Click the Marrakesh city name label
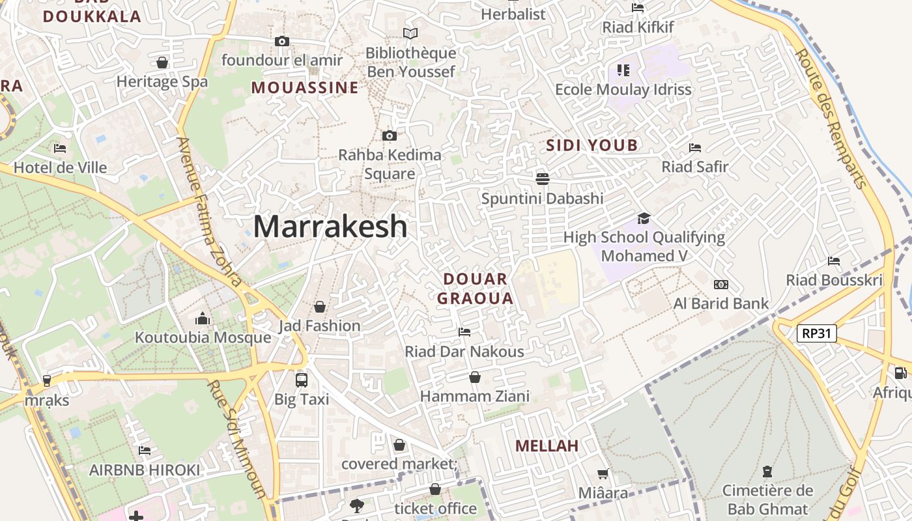330,227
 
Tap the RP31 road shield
816,333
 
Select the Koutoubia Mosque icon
203,319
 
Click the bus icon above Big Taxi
301,380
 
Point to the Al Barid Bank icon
720,285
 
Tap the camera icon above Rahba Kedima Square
390,135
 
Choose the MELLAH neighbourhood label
547,446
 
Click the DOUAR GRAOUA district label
475,289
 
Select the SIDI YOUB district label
591,145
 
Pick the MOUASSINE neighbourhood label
305,87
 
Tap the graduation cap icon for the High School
644,218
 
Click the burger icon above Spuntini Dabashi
542,178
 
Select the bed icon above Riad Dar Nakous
464,332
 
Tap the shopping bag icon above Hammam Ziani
475,377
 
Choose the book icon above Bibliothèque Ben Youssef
410,33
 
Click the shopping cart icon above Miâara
603,473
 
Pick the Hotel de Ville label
60,167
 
